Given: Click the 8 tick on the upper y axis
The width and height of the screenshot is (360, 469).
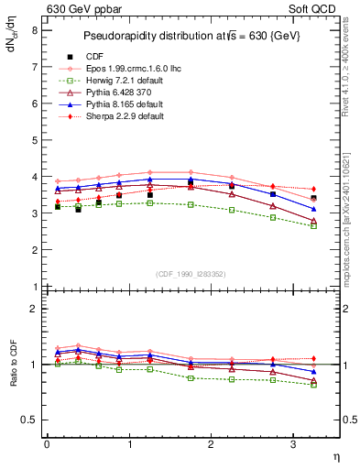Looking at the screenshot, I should [x=34, y=29].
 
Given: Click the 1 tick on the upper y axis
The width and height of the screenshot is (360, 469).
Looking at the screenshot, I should [x=34, y=287].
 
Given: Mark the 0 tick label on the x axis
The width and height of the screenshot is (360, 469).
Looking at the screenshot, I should [x=47, y=444].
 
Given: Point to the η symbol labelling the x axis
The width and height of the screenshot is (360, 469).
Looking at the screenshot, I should [x=336, y=455].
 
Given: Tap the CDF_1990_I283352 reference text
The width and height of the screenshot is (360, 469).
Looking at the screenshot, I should [x=191, y=274].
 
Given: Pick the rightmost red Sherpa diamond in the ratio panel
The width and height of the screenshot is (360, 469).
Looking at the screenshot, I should [x=314, y=358].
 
